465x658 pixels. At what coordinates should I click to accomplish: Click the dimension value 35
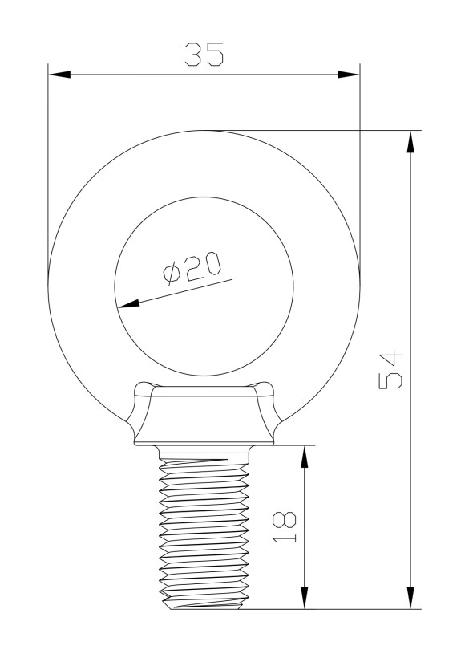(x=203, y=55)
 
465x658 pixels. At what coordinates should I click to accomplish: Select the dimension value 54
(x=392, y=370)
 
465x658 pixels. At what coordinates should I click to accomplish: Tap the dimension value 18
(x=285, y=526)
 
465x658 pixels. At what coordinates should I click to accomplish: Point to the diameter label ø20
(x=192, y=268)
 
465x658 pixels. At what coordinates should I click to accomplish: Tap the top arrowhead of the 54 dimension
(x=411, y=141)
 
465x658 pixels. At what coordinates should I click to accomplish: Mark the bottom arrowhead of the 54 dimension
(x=411, y=599)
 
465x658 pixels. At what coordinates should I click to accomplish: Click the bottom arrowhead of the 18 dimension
(x=304, y=599)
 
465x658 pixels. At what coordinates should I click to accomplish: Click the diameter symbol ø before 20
(x=172, y=274)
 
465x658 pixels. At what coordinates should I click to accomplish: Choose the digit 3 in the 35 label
(x=192, y=55)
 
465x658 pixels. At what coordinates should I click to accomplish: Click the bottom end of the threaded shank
(x=204, y=607)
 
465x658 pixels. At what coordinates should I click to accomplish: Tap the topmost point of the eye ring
(x=204, y=130)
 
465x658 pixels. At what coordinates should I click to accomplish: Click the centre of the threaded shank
(x=204, y=530)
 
